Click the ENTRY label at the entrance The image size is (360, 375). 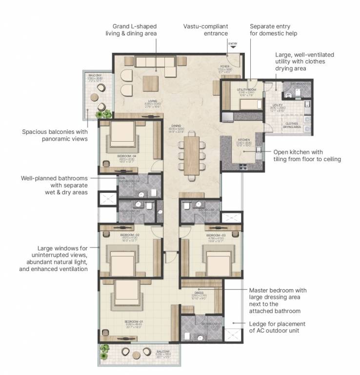click(232, 44)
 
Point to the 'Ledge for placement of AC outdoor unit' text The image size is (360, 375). click(277, 327)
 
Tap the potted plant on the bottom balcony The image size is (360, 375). click(104, 349)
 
